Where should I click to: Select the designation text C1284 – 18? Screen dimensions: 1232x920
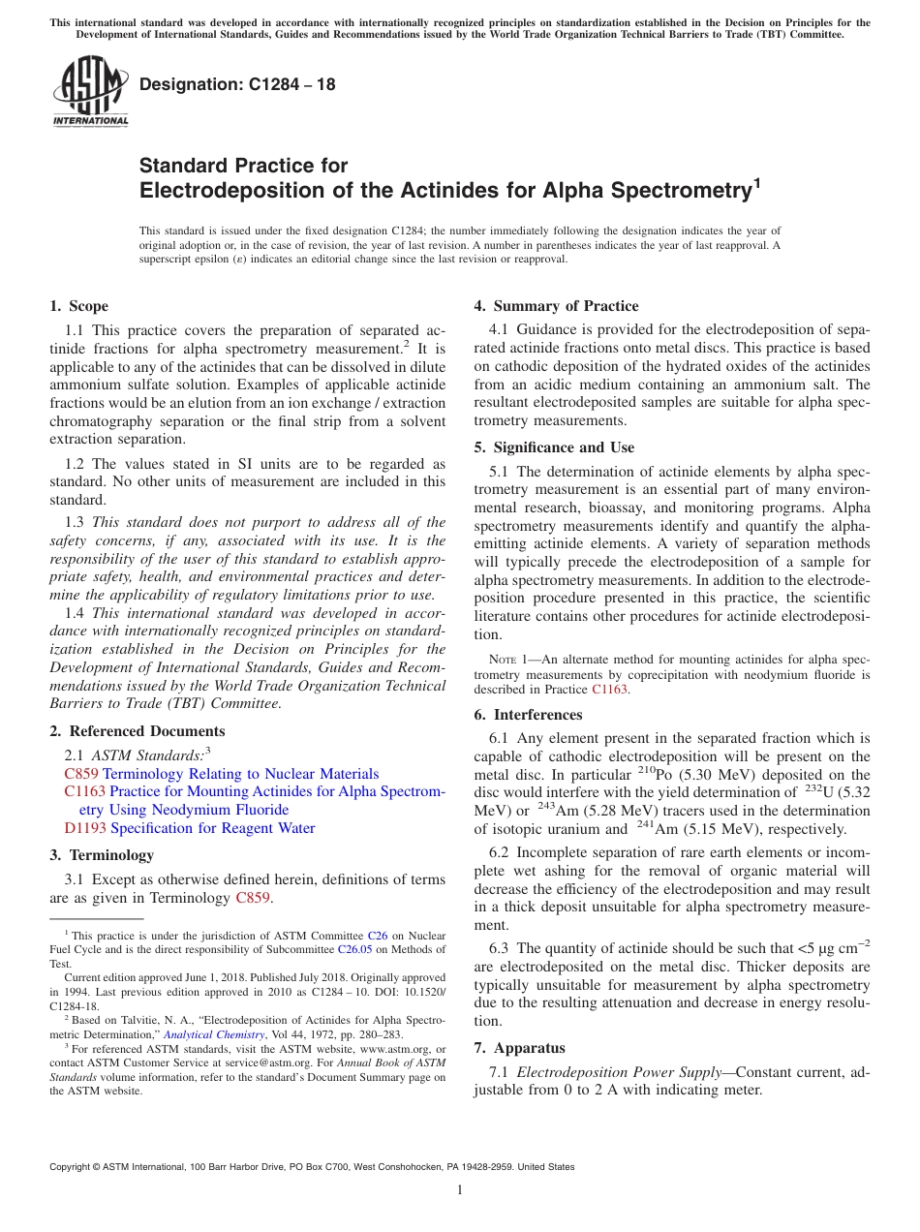(x=237, y=84)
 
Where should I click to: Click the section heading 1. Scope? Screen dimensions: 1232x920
(x=78, y=306)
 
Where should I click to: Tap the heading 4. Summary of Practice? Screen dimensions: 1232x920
(x=556, y=306)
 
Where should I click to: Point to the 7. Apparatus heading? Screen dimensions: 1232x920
(x=519, y=1048)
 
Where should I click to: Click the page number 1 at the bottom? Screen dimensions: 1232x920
(x=460, y=1190)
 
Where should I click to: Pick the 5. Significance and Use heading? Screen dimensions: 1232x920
(x=554, y=447)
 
